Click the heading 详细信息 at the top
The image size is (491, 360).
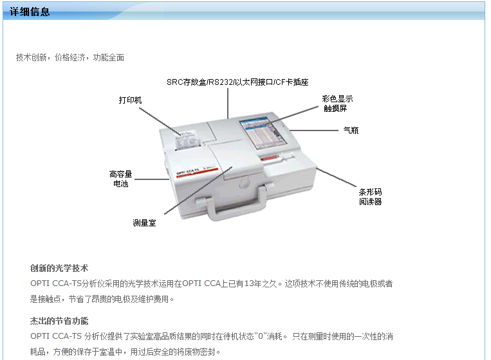(30, 12)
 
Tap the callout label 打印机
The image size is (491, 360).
(130, 100)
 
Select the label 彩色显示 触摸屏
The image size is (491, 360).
(337, 104)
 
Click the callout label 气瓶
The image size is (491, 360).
(351, 130)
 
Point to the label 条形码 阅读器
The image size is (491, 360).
(370, 197)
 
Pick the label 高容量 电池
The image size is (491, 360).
(120, 179)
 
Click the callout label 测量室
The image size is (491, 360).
(144, 223)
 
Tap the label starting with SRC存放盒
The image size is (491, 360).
(237, 82)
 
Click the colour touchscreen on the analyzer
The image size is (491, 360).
(263, 132)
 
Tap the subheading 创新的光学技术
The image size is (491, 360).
(59, 268)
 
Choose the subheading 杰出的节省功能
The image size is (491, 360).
(59, 321)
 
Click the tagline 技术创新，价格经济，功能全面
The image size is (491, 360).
(70, 58)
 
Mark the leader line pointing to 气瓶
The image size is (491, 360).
(314, 130)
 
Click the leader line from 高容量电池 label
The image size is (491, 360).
(152, 179)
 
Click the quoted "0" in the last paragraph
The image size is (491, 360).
(260, 337)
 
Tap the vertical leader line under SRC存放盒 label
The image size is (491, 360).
(228, 104)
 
